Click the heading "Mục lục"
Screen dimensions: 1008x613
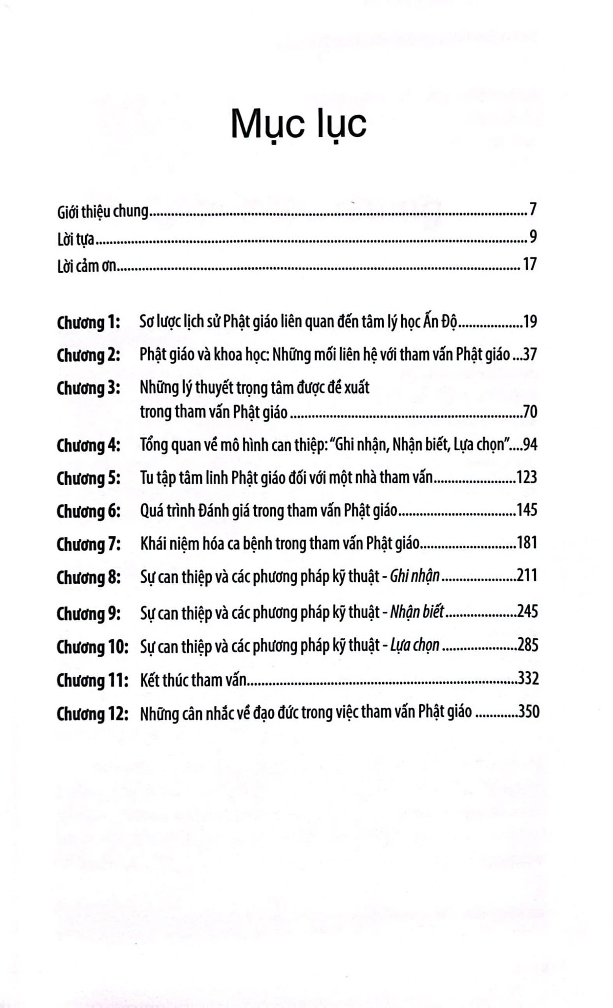[x=298, y=125]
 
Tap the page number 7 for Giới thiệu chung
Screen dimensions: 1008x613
[x=533, y=210]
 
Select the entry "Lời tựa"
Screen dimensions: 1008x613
[x=76, y=239]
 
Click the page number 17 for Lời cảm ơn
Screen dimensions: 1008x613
[x=530, y=265]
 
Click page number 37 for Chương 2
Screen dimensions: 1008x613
[x=530, y=354]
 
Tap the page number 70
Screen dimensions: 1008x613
[x=530, y=411]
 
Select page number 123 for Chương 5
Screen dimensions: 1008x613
[x=526, y=477]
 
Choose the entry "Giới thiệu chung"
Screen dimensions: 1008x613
[x=102, y=212]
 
